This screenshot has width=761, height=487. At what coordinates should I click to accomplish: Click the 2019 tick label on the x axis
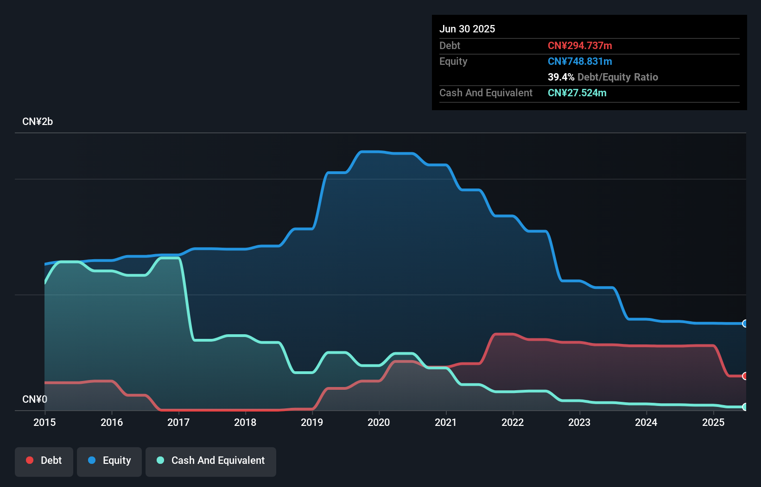[312, 422]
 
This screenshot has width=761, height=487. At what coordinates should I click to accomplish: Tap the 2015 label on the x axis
[44, 422]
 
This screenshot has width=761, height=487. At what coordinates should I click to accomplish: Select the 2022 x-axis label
[513, 422]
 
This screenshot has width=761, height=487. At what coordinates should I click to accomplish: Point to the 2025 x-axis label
[713, 422]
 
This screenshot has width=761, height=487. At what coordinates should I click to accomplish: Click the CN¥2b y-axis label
[38, 122]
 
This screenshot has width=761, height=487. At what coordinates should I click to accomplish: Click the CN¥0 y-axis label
[35, 399]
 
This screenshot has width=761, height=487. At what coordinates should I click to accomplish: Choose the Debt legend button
[44, 461]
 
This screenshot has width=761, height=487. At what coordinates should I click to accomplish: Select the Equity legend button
[109, 461]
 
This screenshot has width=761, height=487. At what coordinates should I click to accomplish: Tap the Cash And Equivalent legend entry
[211, 461]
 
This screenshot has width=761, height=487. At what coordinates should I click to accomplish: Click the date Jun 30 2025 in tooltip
[467, 29]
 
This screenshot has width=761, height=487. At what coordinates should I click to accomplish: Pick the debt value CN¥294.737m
[580, 45]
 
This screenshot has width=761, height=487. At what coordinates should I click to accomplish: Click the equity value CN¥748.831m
[580, 61]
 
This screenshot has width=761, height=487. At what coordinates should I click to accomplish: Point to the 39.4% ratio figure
[561, 77]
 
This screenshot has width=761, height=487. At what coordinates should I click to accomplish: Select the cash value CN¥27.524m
[577, 93]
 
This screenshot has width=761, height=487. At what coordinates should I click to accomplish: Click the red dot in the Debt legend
[30, 460]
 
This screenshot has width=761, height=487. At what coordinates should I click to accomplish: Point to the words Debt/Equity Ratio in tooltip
[618, 77]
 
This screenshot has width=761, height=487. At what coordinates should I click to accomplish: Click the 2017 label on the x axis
[178, 422]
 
